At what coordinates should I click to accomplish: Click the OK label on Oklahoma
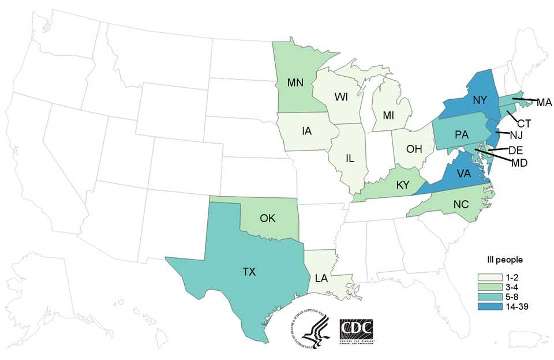tap(268, 219)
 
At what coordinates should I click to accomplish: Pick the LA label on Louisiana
tap(322, 279)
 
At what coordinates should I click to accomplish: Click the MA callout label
tap(544, 103)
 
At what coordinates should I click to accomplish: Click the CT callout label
tap(523, 122)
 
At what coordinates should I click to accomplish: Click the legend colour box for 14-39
tap(486, 306)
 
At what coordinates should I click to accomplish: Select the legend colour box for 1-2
tap(486, 277)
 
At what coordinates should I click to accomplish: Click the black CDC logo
tap(356, 330)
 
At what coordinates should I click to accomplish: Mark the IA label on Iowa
tap(306, 131)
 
